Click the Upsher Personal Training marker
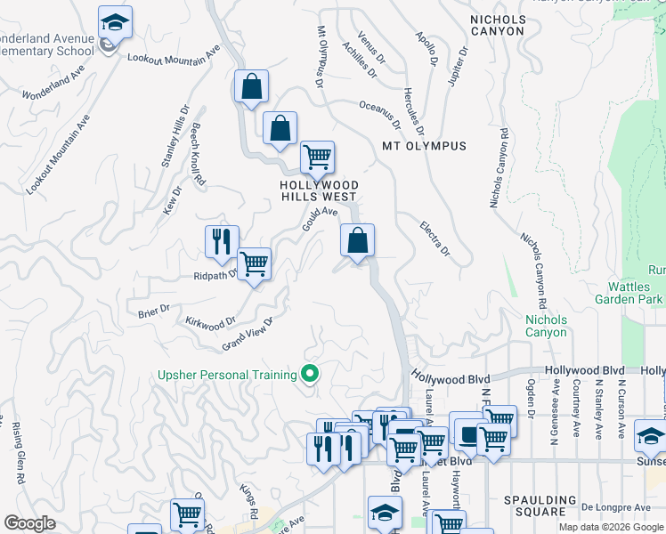(310, 374)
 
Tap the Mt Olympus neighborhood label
(424, 146)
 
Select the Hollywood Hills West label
(318, 190)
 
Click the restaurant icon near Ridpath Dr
(222, 240)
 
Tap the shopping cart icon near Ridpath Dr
(254, 263)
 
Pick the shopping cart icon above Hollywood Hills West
(316, 158)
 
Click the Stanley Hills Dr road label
(175, 137)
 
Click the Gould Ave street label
(320, 217)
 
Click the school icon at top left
(114, 22)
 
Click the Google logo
(30, 523)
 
